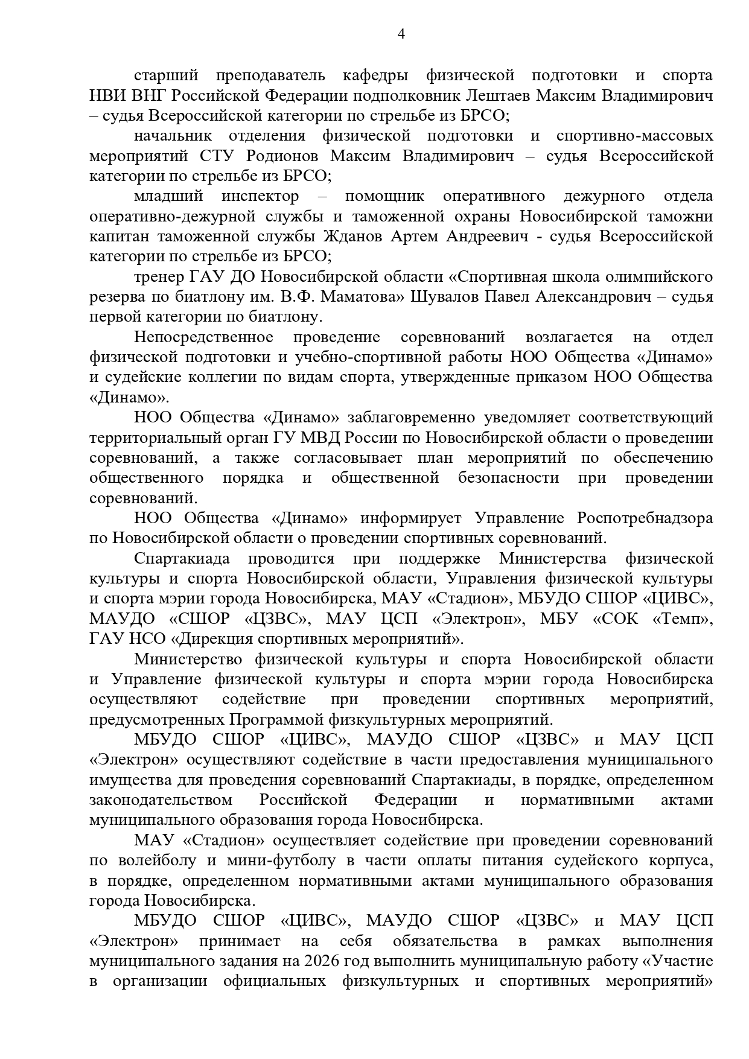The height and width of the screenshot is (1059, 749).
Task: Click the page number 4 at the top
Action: pyautogui.click(x=401, y=34)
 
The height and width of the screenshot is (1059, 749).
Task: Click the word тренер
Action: pyautogui.click(x=159, y=276)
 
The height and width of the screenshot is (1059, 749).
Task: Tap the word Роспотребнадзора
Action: pyautogui.click(x=645, y=518)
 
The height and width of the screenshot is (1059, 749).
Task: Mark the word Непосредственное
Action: pyautogui.click(x=203, y=337)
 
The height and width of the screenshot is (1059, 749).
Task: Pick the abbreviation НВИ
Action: pyautogui.click(x=107, y=95)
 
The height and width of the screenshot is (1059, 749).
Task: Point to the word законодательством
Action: pyautogui.click(x=161, y=800)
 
